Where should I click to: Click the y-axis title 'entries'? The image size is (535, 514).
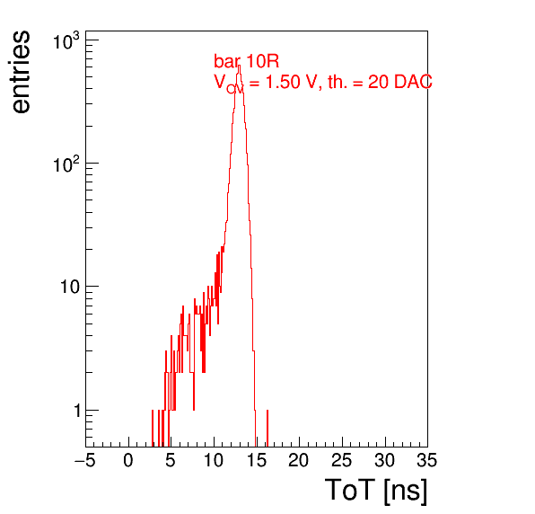point(22,72)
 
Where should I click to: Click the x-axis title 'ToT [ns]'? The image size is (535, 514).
point(376,491)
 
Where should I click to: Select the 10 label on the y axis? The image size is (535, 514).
point(70,287)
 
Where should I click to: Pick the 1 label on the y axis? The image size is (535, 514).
point(76,411)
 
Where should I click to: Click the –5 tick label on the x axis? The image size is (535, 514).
point(84,460)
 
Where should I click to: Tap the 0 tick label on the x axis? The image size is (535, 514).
point(128,460)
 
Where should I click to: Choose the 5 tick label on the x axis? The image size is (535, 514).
point(171,460)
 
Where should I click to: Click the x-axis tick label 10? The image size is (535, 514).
point(214,460)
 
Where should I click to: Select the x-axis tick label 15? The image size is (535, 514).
point(257,460)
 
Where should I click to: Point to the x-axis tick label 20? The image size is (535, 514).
point(299,460)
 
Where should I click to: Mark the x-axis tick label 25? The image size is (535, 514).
point(342,460)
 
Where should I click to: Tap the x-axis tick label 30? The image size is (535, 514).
point(385,460)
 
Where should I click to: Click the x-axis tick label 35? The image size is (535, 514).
point(427,460)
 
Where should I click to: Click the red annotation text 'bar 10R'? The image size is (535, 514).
point(246,61)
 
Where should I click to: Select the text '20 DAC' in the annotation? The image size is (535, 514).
point(399,82)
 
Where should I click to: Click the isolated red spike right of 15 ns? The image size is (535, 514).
point(267,429)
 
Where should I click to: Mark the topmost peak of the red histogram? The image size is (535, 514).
point(239,66)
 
